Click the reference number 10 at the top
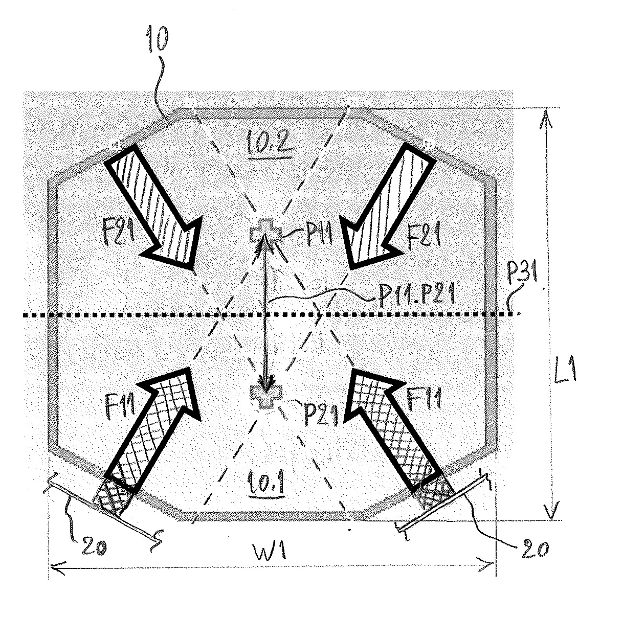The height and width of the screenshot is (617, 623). click(158, 41)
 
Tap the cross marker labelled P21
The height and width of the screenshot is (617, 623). click(266, 397)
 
